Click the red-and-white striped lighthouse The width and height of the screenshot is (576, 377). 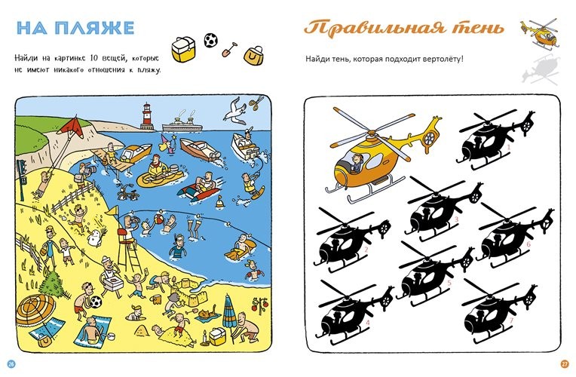click(x=147, y=116)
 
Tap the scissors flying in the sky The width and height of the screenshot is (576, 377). click(x=256, y=102)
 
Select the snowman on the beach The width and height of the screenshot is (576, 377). click(x=95, y=237)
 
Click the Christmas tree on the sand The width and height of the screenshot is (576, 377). click(x=54, y=283)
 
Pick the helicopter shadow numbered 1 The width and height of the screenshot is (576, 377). click(x=495, y=140)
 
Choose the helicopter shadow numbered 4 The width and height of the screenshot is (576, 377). click(x=355, y=312)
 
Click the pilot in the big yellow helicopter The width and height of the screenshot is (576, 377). click(x=356, y=163)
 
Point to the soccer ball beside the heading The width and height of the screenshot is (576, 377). click(x=211, y=40)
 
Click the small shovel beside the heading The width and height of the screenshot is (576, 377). click(x=229, y=50)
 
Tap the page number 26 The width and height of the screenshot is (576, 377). click(x=11, y=363)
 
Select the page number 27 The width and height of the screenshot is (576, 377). click(x=565, y=363)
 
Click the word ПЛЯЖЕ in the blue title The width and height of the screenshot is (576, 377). click(x=97, y=28)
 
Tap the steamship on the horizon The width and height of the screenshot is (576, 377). click(x=183, y=121)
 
